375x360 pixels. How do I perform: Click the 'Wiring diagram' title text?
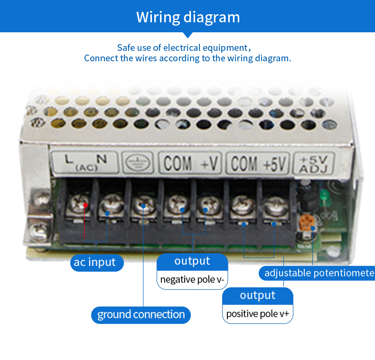pyautogui.click(x=188, y=17)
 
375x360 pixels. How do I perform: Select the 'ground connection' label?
pyautogui.click(x=141, y=314)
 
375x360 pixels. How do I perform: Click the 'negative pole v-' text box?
pyautogui.click(x=192, y=279)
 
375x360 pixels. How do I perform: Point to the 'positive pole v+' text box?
pyautogui.click(x=258, y=314)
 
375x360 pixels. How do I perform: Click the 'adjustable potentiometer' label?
pyautogui.click(x=317, y=273)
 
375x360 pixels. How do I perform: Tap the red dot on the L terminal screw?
pyautogui.click(x=85, y=205)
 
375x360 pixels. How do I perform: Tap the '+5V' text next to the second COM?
pyautogui.click(x=275, y=164)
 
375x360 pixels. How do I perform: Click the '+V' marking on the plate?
pyautogui.click(x=209, y=164)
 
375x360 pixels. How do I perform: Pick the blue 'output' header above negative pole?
pyautogui.click(x=192, y=261)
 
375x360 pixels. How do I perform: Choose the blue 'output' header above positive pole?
pyautogui.click(x=258, y=295)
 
